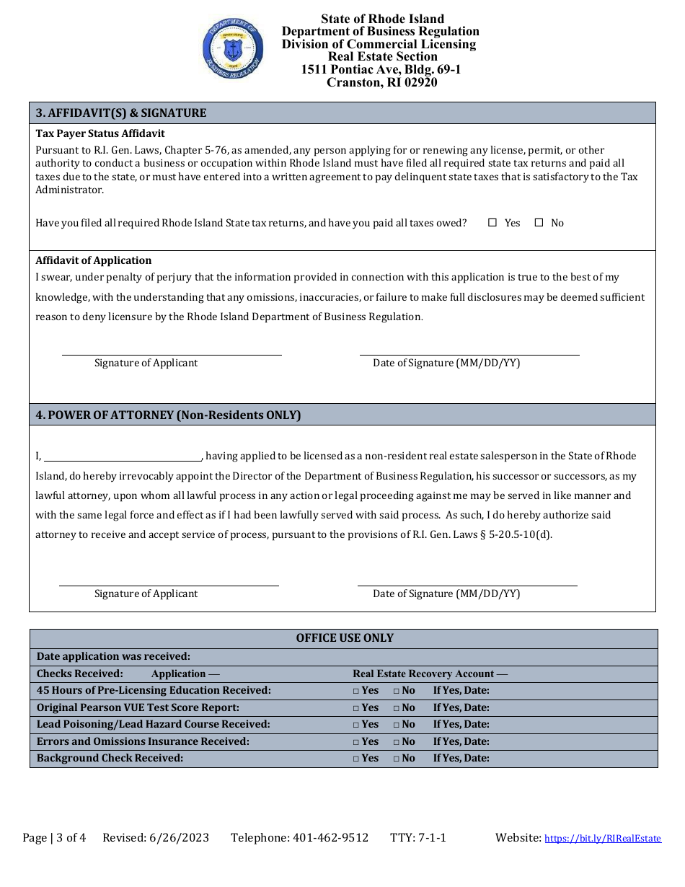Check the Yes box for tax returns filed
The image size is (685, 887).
pyautogui.click(x=492, y=223)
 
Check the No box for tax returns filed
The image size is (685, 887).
pyautogui.click(x=539, y=223)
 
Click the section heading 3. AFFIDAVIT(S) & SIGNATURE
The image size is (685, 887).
pyautogui.click(x=121, y=112)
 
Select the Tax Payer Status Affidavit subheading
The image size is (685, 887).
pyautogui.click(x=100, y=133)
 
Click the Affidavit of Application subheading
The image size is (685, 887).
pyautogui.click(x=94, y=260)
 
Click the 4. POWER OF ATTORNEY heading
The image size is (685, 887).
pyautogui.click(x=168, y=415)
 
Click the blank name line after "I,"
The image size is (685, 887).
pyautogui.click(x=123, y=455)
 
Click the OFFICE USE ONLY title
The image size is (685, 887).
pyautogui.click(x=345, y=638)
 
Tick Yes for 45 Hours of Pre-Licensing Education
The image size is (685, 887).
pyautogui.click(x=356, y=690)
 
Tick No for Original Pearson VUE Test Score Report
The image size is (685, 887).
pyautogui.click(x=397, y=707)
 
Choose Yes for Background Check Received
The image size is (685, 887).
pyautogui.click(x=356, y=759)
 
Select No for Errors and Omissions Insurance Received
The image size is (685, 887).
pyautogui.click(x=397, y=741)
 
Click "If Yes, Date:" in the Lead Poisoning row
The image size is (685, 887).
pyautogui.click(x=461, y=724)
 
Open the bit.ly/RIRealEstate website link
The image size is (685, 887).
pyautogui.click(x=602, y=838)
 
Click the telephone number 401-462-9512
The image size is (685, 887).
pyautogui.click(x=330, y=837)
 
